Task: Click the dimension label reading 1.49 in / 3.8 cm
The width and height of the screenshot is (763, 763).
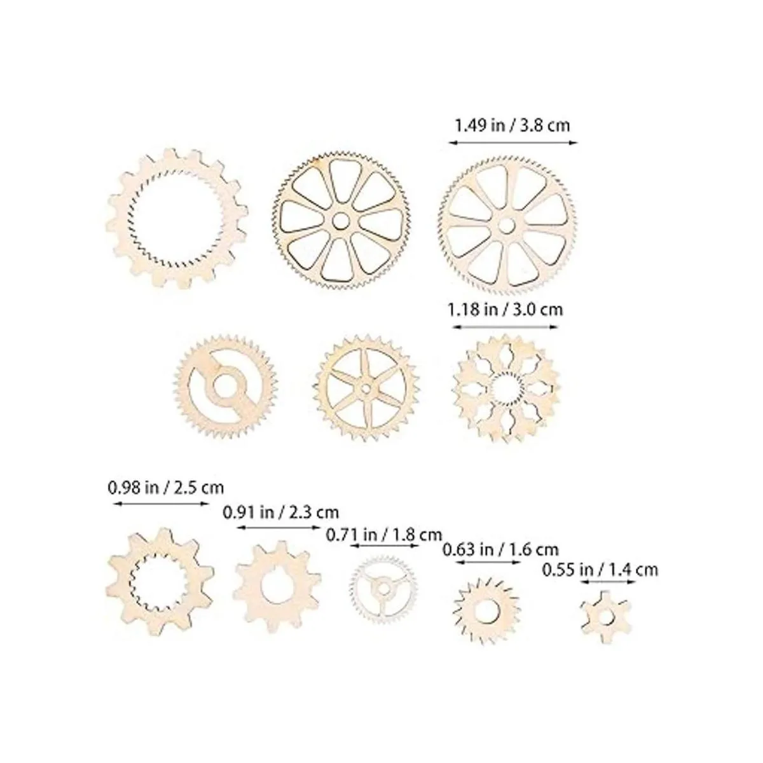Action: pyautogui.click(x=512, y=126)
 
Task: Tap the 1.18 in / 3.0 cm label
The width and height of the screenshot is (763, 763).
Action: pyautogui.click(x=505, y=309)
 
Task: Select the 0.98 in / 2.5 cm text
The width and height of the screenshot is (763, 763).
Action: pyautogui.click(x=165, y=488)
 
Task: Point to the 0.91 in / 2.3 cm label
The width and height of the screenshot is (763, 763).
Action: pyautogui.click(x=281, y=512)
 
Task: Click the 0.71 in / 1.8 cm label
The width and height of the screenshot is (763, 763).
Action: pyautogui.click(x=383, y=535)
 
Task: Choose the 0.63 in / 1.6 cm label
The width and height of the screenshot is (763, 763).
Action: pyautogui.click(x=500, y=549)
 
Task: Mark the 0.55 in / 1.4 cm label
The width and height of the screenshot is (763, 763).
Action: pyautogui.click(x=600, y=570)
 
